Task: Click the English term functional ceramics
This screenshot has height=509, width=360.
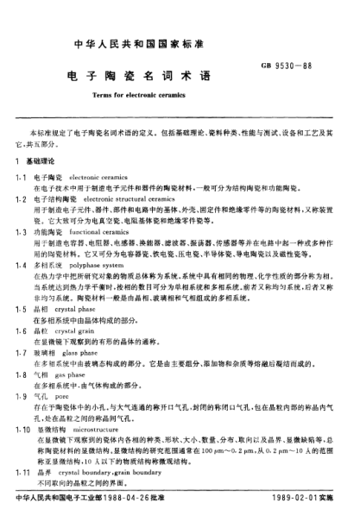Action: click(107, 232)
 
